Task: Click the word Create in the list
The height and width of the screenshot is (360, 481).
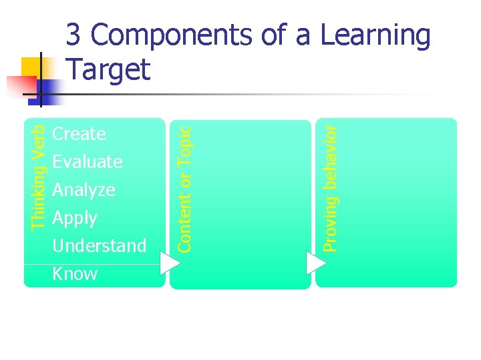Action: coord(79,134)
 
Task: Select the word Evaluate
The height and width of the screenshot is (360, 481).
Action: coord(87,162)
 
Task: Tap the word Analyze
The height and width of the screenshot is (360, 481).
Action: coord(84,191)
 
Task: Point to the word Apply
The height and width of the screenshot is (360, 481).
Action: coord(74,219)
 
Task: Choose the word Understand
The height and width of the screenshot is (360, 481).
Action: coord(99,246)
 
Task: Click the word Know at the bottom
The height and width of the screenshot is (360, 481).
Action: coord(74,274)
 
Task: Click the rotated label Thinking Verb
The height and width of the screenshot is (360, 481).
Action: coord(39,177)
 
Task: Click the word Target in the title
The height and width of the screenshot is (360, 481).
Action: coord(109,69)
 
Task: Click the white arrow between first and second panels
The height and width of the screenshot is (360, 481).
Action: coord(170,261)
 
